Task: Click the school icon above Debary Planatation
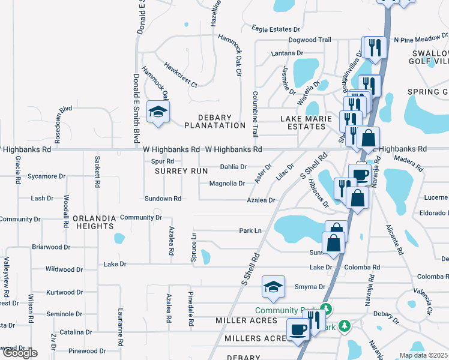pos(158,112)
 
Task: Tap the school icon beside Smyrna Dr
pos(273,287)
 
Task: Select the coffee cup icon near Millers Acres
pos(298,329)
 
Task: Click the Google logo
pos(19,353)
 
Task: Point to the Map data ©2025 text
pos(423,355)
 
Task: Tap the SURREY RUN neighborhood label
pos(173,171)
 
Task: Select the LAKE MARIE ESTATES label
pos(306,122)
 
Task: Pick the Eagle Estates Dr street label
pos(276,29)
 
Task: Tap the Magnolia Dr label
pos(227,184)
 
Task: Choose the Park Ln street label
pos(251,230)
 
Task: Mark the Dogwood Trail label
pos(309,40)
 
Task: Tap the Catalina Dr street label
pos(75,331)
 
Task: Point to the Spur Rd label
pos(162,161)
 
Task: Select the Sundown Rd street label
pos(163,199)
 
